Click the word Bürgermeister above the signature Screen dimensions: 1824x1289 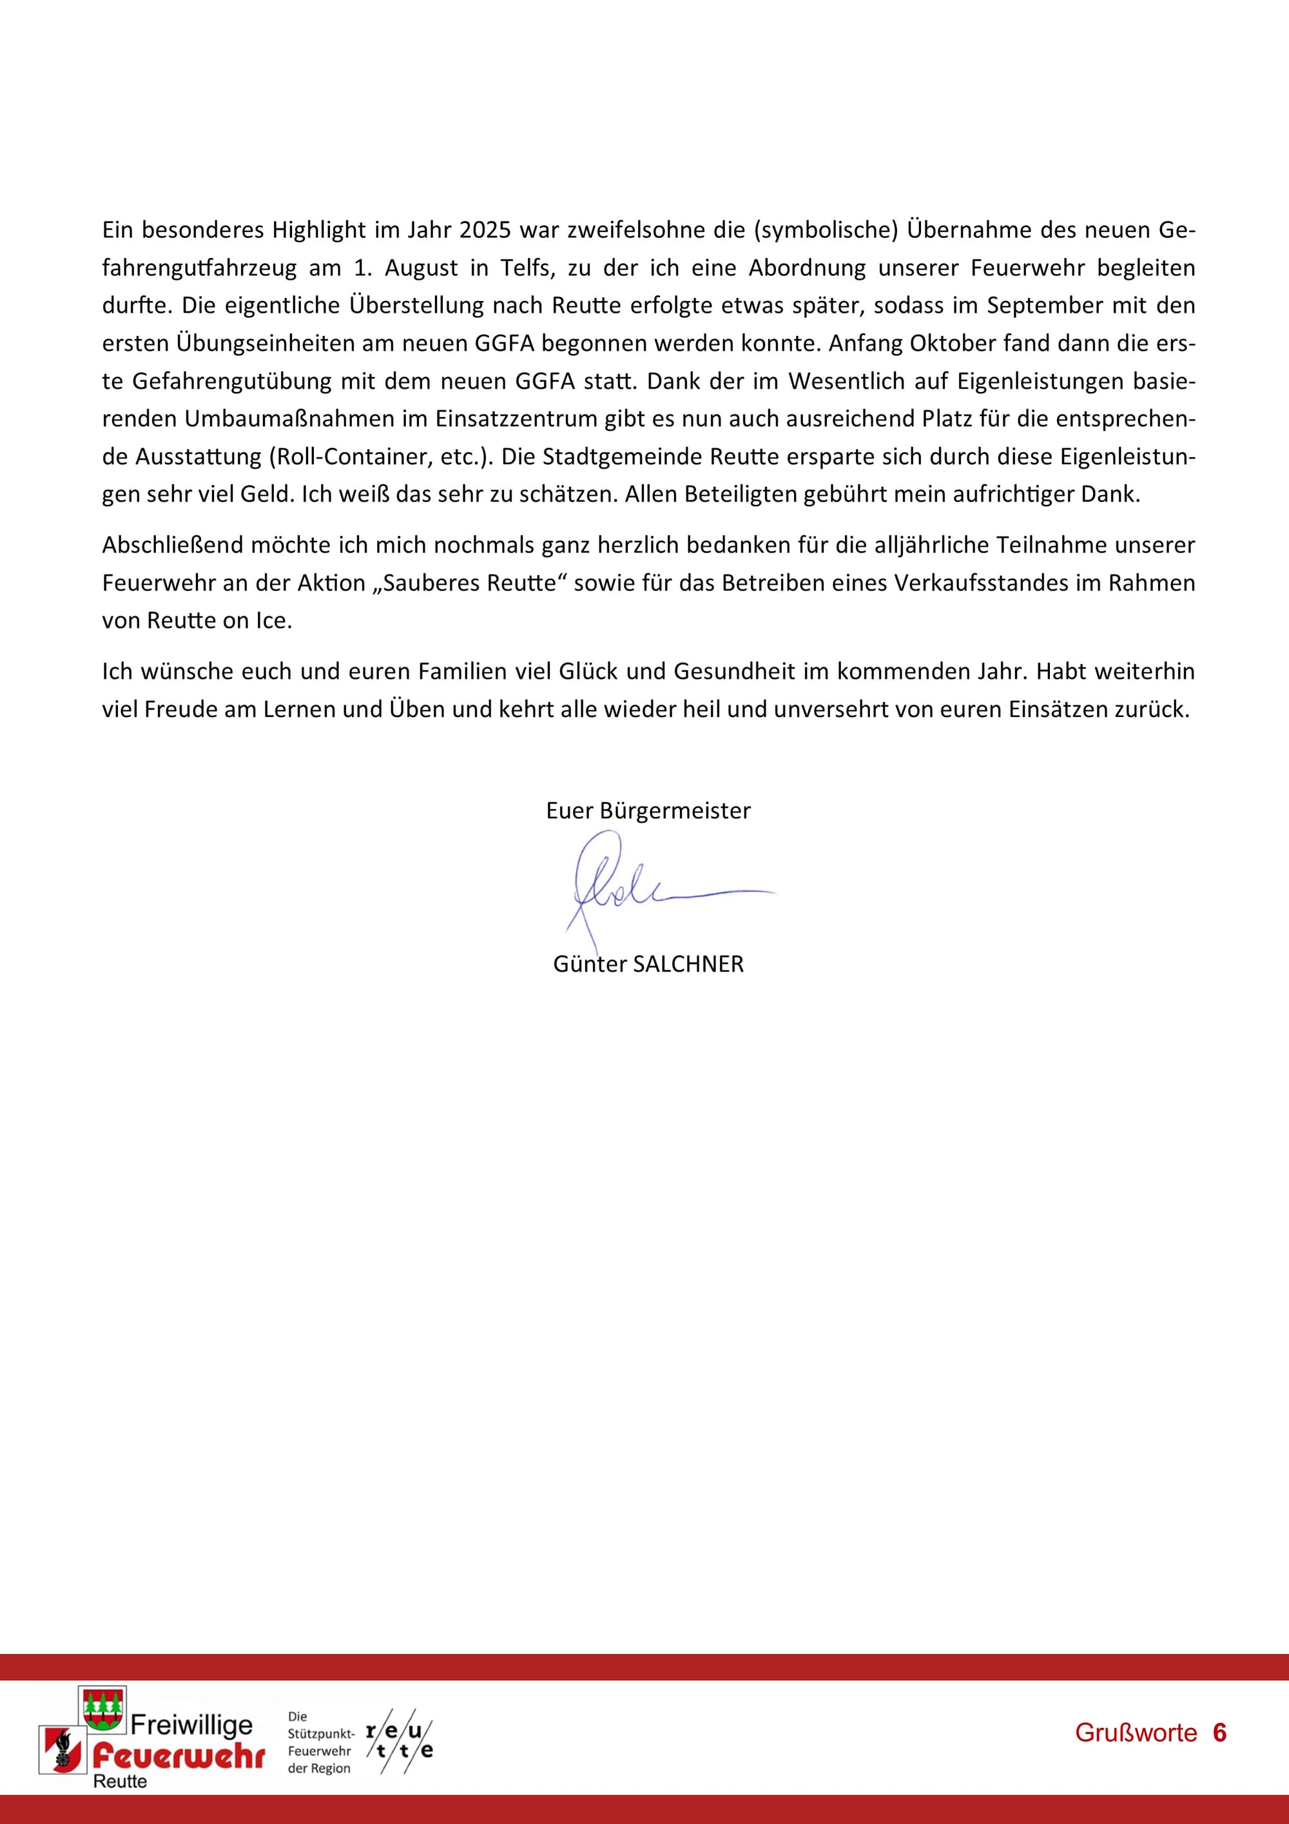pos(675,811)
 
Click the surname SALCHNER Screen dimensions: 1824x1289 pos(688,965)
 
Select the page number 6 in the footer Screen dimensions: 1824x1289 pos(1220,1732)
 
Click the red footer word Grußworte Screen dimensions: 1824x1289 pos(1135,1732)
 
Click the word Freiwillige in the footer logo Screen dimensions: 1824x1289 pos(191,1724)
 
